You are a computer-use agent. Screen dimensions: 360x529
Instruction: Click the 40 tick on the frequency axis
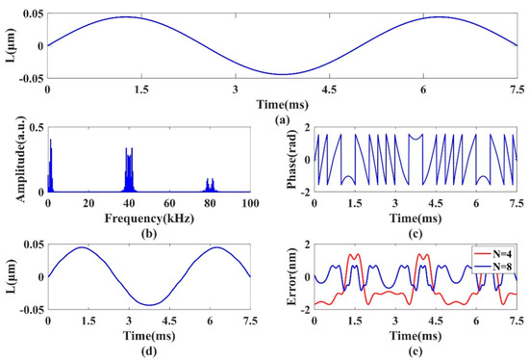click(x=128, y=204)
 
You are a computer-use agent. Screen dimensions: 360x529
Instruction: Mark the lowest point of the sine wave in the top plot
click(x=282, y=74)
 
